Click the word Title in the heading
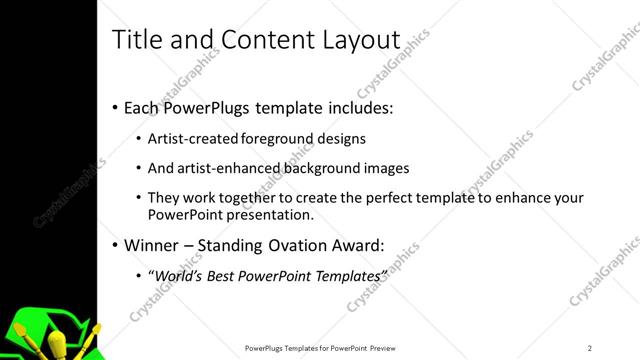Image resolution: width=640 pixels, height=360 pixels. point(136,39)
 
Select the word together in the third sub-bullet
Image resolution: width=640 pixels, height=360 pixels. point(256,198)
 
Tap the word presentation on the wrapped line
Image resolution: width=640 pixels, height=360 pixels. point(274,214)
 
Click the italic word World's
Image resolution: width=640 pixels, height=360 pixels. point(179,275)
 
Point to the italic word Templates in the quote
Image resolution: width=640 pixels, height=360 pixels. point(346,275)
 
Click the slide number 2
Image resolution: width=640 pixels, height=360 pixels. point(590,348)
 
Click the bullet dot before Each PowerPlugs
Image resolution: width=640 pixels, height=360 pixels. point(115,107)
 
